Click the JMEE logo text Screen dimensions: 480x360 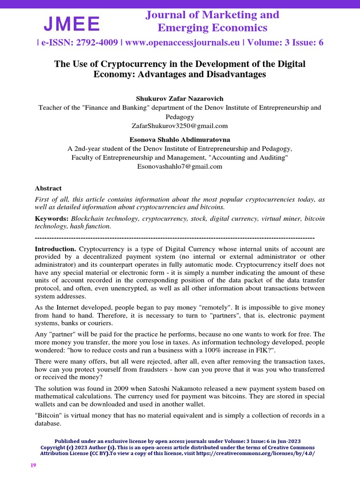(x=72, y=23)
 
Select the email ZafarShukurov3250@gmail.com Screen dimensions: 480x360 (x=180, y=126)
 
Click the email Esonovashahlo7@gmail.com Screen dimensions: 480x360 (x=180, y=166)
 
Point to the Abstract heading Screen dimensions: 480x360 (x=48, y=188)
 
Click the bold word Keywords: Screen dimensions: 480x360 (x=52, y=218)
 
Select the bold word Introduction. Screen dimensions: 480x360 (x=55, y=248)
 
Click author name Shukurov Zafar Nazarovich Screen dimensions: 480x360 (x=180, y=98)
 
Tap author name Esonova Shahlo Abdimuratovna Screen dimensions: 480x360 (x=180, y=139)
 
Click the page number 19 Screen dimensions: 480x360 (x=33, y=465)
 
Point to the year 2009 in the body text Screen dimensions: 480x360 (x=104, y=389)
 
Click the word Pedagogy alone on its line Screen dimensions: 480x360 (x=180, y=117)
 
